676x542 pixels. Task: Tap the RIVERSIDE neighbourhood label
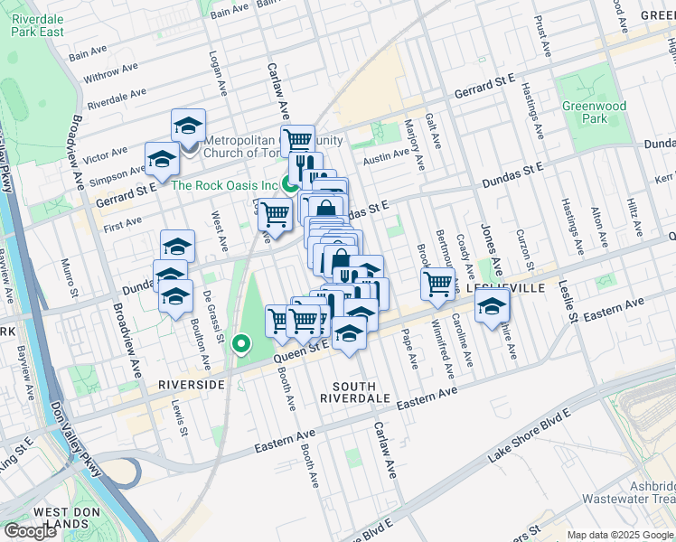click(x=191, y=384)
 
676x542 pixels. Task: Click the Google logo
click(x=31, y=530)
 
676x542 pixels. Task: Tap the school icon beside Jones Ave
click(x=492, y=307)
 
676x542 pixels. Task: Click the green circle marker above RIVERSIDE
click(x=240, y=343)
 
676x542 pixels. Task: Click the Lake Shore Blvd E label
click(x=528, y=435)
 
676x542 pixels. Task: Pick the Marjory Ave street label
click(x=414, y=145)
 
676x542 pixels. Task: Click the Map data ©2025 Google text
click(x=619, y=535)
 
